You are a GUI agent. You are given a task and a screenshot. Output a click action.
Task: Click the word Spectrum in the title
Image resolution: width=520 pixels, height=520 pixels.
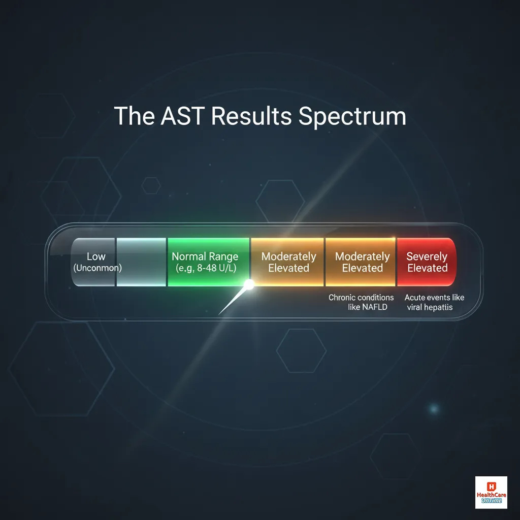click(x=352, y=117)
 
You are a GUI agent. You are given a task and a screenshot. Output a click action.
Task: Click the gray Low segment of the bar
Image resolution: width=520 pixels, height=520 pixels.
click(x=93, y=262)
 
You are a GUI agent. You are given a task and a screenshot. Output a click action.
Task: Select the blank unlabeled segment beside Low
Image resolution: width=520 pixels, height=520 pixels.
click(x=141, y=262)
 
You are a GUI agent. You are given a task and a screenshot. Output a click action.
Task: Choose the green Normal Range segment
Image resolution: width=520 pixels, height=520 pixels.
click(x=208, y=262)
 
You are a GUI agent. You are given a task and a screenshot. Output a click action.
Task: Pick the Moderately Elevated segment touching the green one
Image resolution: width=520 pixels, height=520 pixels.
click(x=288, y=262)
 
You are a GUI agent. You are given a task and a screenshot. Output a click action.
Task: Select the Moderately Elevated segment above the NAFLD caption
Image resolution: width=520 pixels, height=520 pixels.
click(x=362, y=262)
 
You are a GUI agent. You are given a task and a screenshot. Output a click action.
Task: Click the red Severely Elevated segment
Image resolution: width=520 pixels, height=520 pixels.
click(x=427, y=262)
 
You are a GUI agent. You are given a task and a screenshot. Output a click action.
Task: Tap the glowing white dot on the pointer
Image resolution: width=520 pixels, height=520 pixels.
click(x=249, y=285)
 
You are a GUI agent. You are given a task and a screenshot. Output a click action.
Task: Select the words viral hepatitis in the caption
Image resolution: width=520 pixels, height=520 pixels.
click(x=429, y=308)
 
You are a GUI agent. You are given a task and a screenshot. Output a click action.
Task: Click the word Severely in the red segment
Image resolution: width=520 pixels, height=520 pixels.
click(x=427, y=256)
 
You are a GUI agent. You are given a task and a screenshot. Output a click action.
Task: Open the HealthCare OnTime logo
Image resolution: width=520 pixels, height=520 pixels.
click(x=491, y=492)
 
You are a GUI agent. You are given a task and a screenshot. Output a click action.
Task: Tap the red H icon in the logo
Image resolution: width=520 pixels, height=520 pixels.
click(x=491, y=485)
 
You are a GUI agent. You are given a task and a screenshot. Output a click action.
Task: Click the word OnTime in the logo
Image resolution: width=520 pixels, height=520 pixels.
click(x=491, y=501)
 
